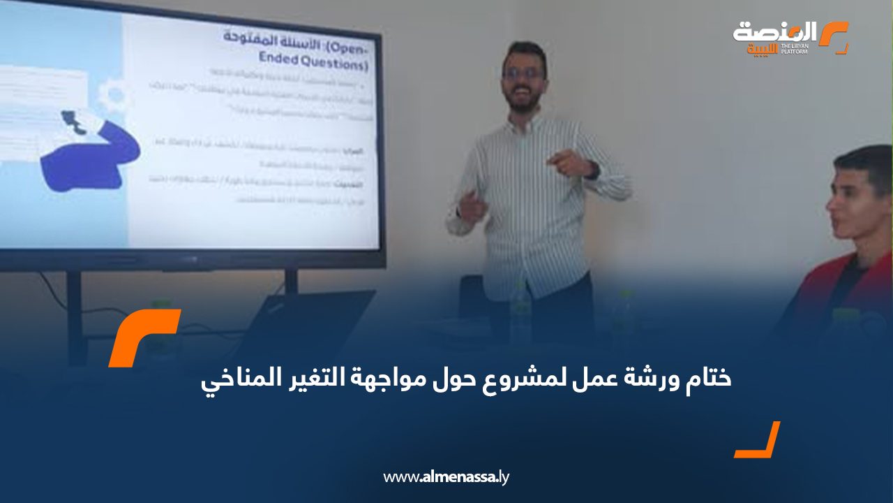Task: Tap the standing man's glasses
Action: [x=523, y=73]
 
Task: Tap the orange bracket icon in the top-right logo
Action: [x=834, y=37]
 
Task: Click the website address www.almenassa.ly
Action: [x=446, y=478]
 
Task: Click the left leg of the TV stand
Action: [x=75, y=314]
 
